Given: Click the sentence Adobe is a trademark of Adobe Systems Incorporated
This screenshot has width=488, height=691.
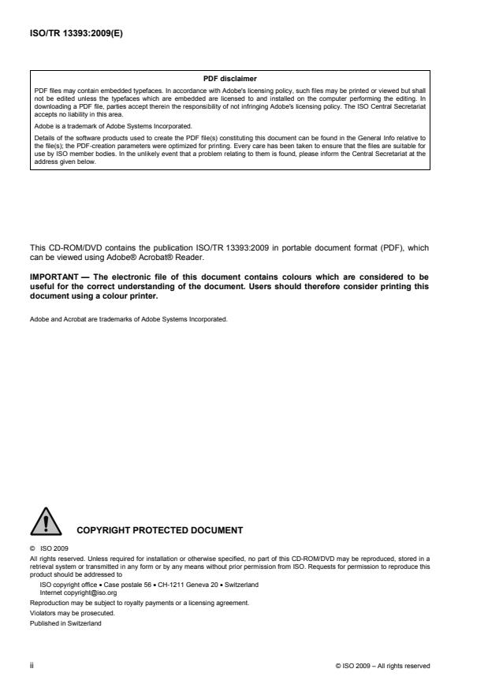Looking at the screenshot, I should (107, 125).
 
